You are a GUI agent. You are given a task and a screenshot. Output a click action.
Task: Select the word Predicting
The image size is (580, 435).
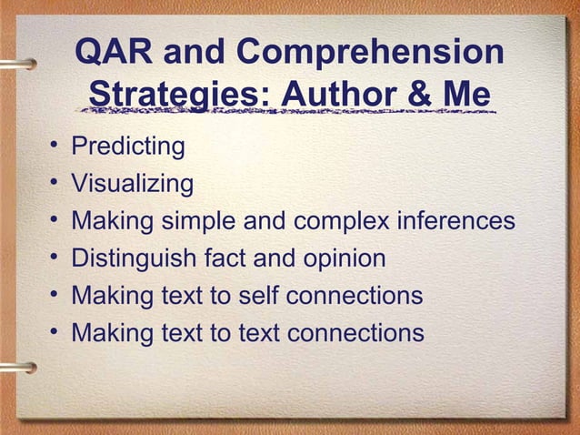point(128,147)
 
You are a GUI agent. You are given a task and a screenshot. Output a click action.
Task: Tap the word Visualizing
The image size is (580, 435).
point(132,184)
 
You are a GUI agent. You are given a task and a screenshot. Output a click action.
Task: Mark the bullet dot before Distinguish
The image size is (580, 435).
point(55,259)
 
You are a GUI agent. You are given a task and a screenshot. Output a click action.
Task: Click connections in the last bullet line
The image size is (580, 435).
point(355,333)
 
